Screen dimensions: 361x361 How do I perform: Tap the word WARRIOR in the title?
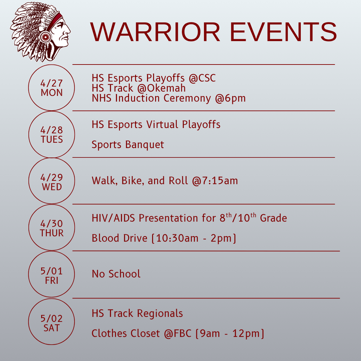155,32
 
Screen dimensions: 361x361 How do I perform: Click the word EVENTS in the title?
283,32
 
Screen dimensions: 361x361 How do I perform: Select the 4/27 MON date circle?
51,88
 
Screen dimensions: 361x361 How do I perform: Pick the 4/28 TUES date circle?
51,135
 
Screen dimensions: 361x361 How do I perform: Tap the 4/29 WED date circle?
51,182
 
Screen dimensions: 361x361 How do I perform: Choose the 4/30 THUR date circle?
51,228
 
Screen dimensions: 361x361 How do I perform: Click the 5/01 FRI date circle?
51,275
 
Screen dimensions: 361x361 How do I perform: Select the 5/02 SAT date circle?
51,323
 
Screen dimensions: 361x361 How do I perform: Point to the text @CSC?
202,78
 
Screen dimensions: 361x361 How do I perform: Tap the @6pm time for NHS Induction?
231,98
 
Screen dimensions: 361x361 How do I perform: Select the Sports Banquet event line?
128,145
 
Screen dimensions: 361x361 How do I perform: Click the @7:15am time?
215,181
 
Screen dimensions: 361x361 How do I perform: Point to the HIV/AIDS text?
114,218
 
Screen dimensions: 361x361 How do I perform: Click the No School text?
116,274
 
